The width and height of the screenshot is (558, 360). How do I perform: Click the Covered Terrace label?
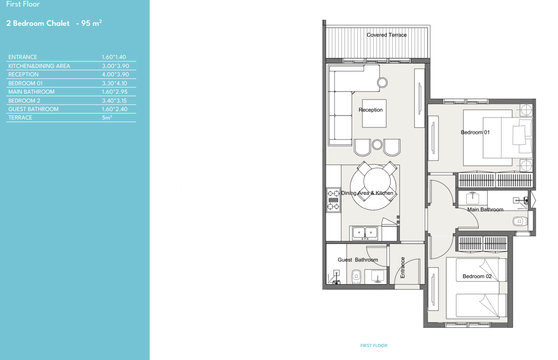point(387,35)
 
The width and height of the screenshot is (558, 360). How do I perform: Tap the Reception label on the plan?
point(371,110)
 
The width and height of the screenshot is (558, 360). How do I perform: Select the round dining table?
point(373,187)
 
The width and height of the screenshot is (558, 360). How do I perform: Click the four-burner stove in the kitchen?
point(333,200)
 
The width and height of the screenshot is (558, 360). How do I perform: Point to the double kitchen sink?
point(365,233)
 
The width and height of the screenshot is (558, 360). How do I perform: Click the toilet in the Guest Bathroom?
point(356,277)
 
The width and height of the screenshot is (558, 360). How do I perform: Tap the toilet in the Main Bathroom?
point(520,222)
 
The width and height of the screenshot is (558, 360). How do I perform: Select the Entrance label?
point(402,267)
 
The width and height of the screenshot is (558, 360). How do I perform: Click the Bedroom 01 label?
point(475,132)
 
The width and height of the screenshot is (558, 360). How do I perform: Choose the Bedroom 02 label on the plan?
point(477,276)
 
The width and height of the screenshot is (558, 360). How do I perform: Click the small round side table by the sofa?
point(382,83)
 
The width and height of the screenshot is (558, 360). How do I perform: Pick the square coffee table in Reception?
point(374,113)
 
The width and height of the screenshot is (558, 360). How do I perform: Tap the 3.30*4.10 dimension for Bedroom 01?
point(114,83)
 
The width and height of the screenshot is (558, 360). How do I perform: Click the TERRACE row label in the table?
point(20,118)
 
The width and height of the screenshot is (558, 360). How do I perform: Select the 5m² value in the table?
point(107,118)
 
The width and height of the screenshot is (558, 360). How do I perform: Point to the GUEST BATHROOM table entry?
point(34,109)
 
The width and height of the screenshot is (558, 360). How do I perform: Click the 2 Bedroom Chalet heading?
point(38,23)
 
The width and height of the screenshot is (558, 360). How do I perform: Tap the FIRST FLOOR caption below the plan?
point(374,346)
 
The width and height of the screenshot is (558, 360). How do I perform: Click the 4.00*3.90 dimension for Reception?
point(115,74)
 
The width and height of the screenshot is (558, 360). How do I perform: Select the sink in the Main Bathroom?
point(473,198)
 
